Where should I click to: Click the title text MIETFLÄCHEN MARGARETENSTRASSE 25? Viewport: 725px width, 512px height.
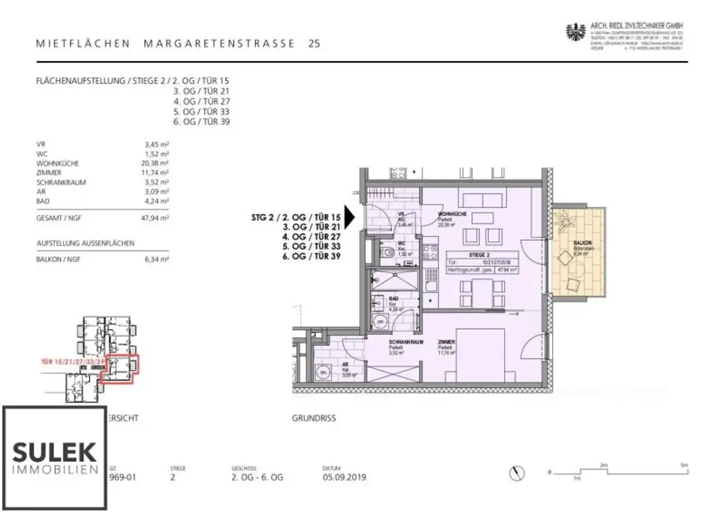click(x=178, y=44)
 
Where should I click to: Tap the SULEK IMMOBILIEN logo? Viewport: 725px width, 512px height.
click(x=55, y=457)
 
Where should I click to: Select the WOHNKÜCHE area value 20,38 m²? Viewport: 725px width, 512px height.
click(x=156, y=163)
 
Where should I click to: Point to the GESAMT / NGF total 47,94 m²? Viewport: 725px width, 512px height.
click(x=156, y=220)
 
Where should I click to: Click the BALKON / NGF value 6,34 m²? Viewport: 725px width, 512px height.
click(x=156, y=260)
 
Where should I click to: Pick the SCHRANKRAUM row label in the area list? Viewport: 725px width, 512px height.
click(x=61, y=182)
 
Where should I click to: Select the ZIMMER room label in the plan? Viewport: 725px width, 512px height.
click(x=445, y=342)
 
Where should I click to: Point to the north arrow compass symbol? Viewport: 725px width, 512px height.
click(x=519, y=473)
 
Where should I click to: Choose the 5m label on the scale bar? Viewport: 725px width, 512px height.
click(x=683, y=465)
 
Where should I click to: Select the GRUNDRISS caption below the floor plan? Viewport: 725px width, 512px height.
click(x=314, y=419)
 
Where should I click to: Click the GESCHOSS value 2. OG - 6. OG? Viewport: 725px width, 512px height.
click(x=257, y=478)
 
